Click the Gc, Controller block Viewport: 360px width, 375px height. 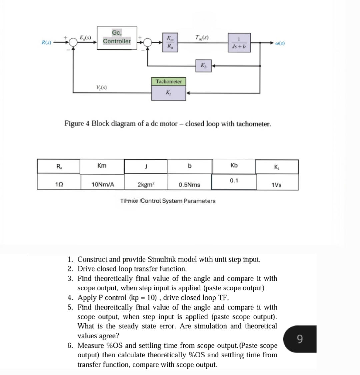tap(117, 38)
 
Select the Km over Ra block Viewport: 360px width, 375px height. tap(170, 42)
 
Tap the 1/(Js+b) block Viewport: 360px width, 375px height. tap(239, 43)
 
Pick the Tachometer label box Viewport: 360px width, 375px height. tap(169, 82)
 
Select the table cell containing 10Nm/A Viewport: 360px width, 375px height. tap(103, 184)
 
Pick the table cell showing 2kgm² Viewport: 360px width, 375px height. tap(146, 184)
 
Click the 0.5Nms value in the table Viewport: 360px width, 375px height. tap(189, 184)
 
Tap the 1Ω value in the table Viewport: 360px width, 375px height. tap(59, 184)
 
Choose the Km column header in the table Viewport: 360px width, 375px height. tap(102, 166)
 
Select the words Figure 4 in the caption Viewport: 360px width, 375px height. tap(77, 124)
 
